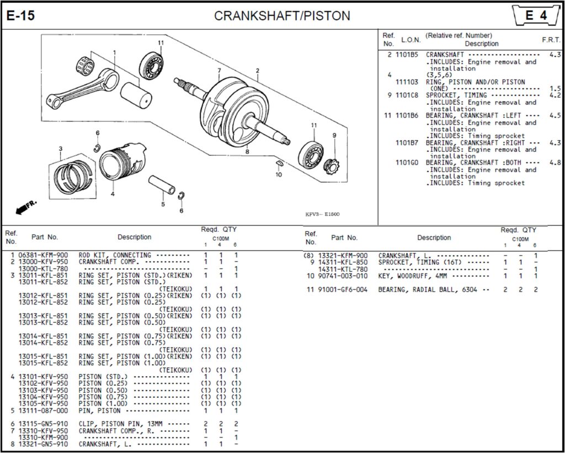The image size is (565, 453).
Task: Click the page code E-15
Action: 20,16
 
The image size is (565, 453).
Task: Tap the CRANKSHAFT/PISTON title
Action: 282,16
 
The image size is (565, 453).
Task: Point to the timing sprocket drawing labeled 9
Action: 333,164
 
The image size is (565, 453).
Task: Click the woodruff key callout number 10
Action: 279,174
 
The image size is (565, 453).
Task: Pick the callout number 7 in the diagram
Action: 219,71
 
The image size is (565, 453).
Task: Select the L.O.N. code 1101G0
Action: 407,163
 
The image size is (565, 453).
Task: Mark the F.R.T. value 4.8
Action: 555,163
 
